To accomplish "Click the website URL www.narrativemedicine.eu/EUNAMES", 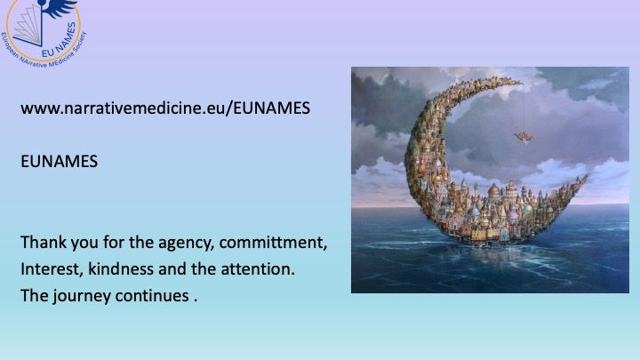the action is tap(165, 108).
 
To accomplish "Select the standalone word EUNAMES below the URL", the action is tap(60, 161).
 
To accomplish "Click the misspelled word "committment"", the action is tap(273, 243).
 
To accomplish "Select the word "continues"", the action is tap(152, 295).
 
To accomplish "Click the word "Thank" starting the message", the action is tap(44, 242).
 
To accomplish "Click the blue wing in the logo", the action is tap(60, 8).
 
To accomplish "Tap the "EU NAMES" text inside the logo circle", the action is tap(60, 40).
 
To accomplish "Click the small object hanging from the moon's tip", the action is tap(524, 137).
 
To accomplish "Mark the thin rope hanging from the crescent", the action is tap(524, 108).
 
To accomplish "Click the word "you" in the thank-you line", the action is tap(84, 244).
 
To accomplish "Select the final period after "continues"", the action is tap(196, 300).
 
